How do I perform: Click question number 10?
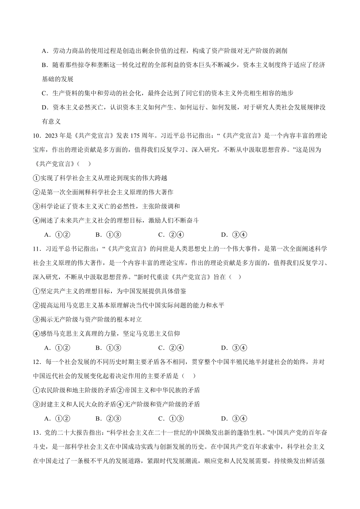point(37,136)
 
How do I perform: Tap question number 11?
point(37,249)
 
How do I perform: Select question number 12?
point(37,362)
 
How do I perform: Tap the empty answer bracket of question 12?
point(189,376)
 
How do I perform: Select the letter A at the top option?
point(44,51)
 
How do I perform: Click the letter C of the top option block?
point(44,93)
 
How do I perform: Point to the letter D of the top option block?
point(44,108)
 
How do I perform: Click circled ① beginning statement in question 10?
point(36,178)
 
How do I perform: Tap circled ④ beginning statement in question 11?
point(36,334)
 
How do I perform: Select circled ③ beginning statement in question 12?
point(36,404)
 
